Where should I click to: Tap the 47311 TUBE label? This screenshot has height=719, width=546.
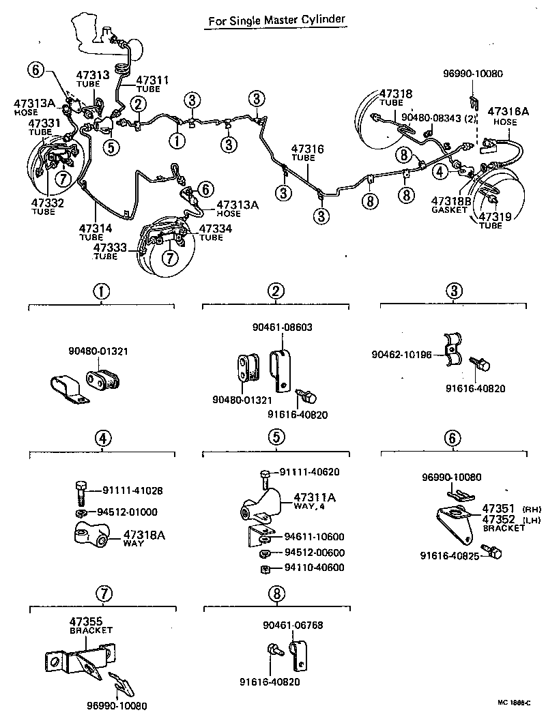[153, 84]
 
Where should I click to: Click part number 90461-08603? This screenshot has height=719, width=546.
[280, 327]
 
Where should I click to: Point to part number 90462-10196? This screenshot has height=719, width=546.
[403, 355]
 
